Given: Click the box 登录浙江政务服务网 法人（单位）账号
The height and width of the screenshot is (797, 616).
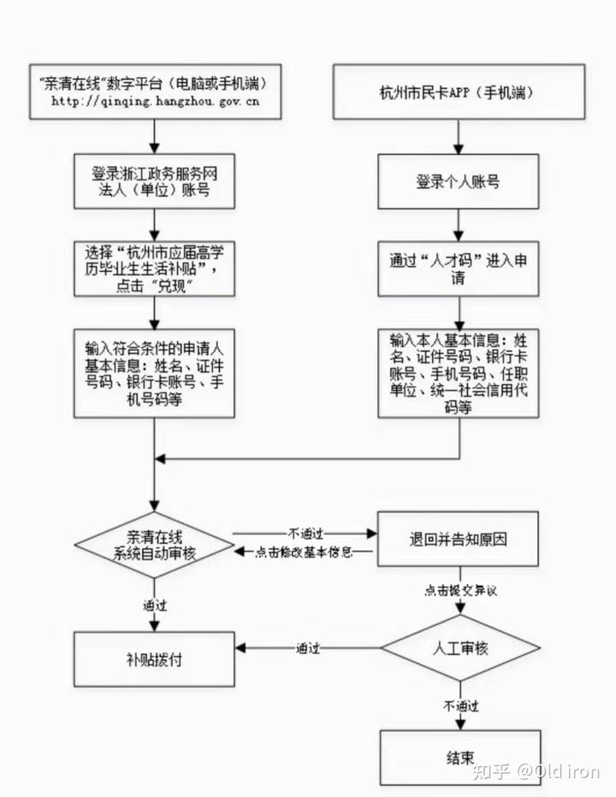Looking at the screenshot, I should pos(154,181).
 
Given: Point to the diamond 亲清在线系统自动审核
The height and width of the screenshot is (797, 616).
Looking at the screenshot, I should pos(154,545).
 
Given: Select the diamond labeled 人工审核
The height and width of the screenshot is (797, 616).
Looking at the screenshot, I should pos(459,648).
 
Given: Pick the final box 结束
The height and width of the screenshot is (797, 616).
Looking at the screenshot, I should pos(459,758).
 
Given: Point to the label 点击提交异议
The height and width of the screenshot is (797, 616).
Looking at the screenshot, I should pos(460,590).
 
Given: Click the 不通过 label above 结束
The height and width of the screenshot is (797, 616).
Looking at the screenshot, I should pos(460,706).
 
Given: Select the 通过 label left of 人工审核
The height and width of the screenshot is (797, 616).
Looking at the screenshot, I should pos(308,648).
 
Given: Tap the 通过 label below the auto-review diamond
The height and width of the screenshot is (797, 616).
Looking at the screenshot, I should pos(155,605).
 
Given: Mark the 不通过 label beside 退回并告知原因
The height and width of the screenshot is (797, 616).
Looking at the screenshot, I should pos(305,532).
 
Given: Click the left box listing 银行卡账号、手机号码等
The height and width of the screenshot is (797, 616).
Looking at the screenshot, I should pos(154,375).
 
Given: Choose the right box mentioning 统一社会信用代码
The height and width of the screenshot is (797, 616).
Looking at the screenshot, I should pos(459,373).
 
